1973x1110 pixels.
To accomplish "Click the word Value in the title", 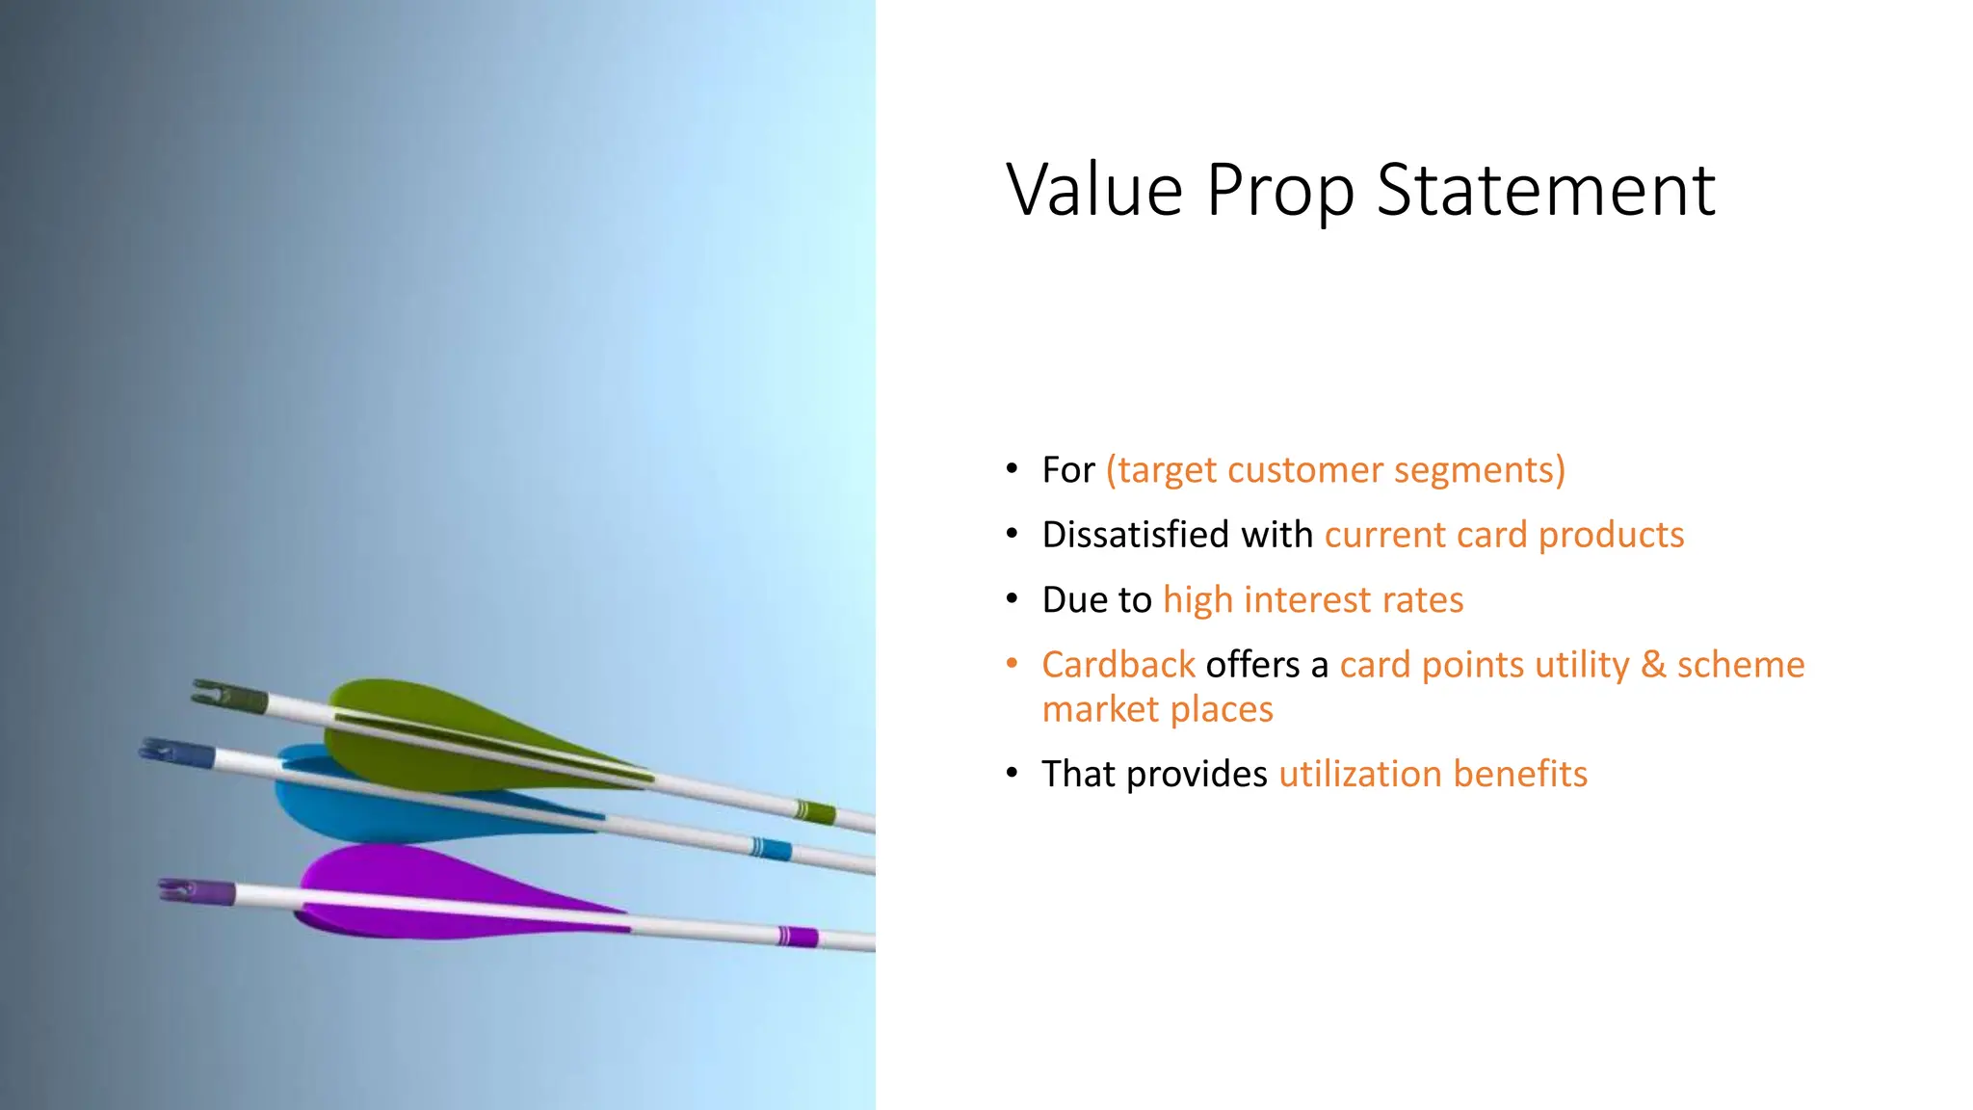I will (x=1094, y=190).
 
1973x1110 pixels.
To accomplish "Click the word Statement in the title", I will (x=1545, y=190).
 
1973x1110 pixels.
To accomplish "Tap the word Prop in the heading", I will (x=1279, y=192).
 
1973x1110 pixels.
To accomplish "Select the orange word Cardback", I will (x=1118, y=665).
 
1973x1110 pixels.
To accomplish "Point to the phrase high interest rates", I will (x=1312, y=600).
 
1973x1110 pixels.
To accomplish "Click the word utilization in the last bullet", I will (x=1358, y=774).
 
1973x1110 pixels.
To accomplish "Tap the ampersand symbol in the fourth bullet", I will (x=1652, y=665).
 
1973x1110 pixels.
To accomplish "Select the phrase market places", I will (x=1157, y=710).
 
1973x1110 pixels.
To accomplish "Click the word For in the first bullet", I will (x=1067, y=470).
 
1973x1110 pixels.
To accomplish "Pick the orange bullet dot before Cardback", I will (x=1012, y=663).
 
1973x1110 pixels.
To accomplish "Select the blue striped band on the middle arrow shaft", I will (x=771, y=849).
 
